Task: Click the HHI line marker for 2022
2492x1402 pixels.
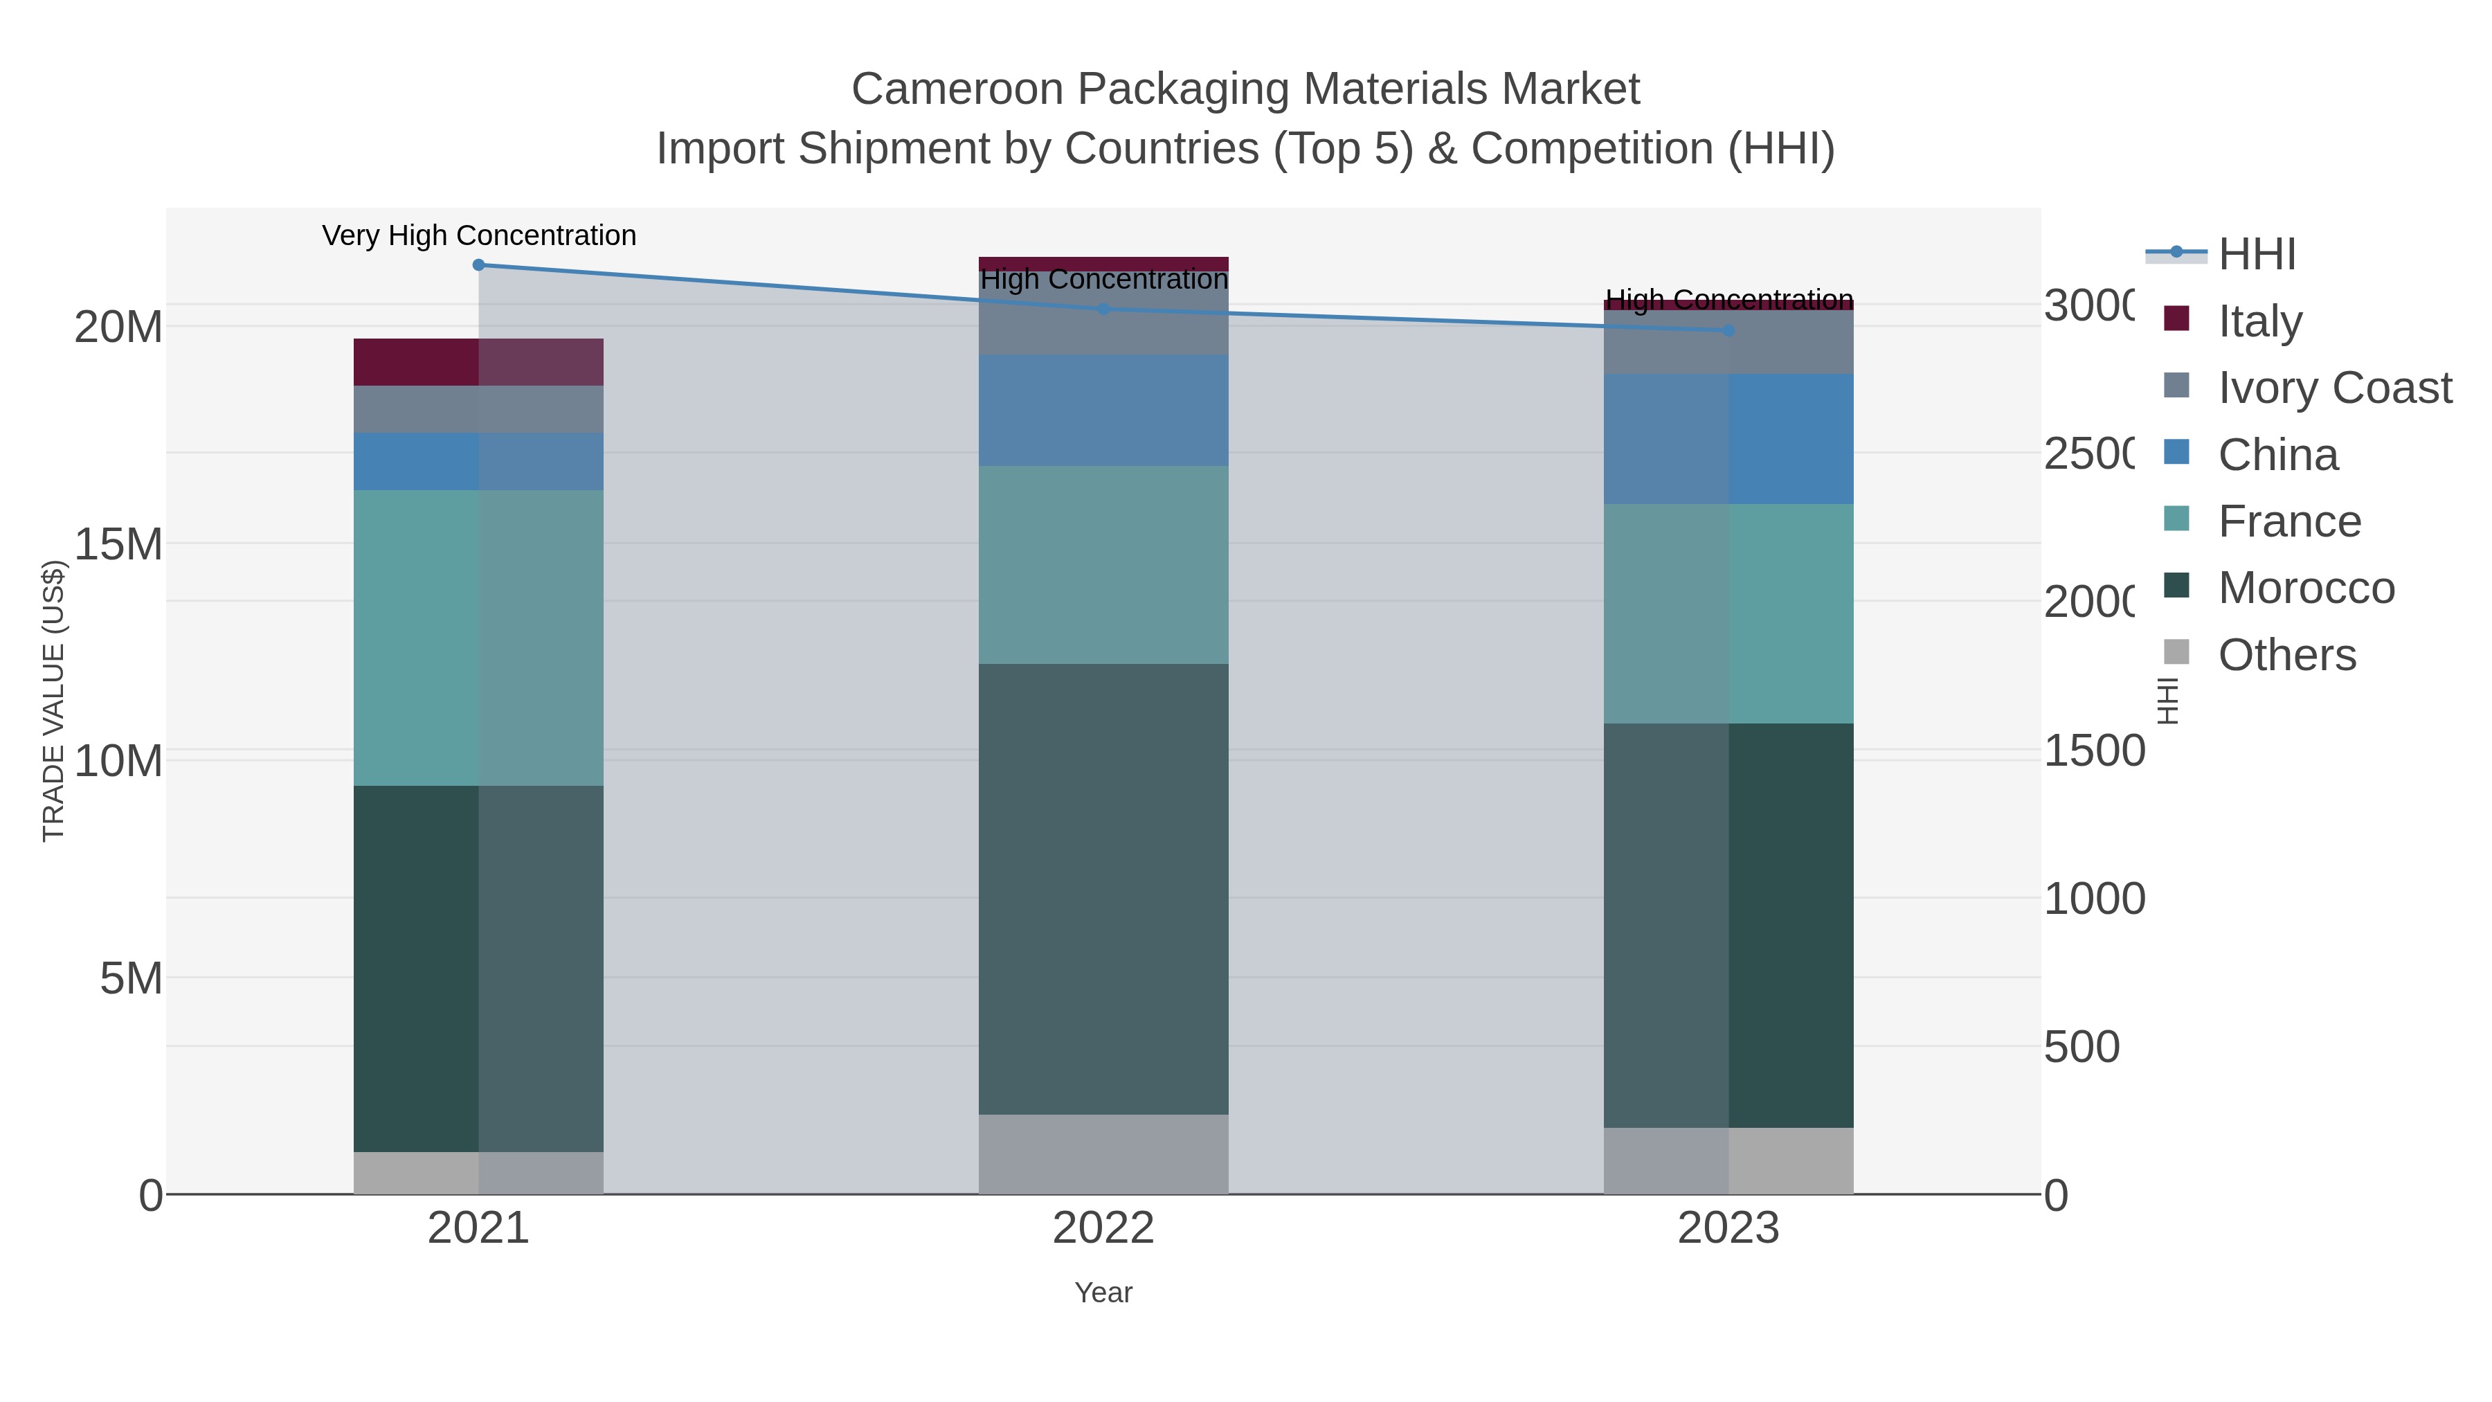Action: [x=1104, y=309]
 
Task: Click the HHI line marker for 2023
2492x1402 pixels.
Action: [x=1728, y=330]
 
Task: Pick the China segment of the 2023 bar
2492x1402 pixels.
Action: [x=1728, y=438]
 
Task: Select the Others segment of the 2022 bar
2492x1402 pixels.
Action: [x=1104, y=1153]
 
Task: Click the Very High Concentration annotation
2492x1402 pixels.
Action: [x=479, y=235]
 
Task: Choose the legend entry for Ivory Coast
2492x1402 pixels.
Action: [x=2334, y=387]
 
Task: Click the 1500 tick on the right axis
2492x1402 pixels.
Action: [x=2093, y=751]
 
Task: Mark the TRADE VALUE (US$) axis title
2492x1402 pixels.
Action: [x=53, y=701]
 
